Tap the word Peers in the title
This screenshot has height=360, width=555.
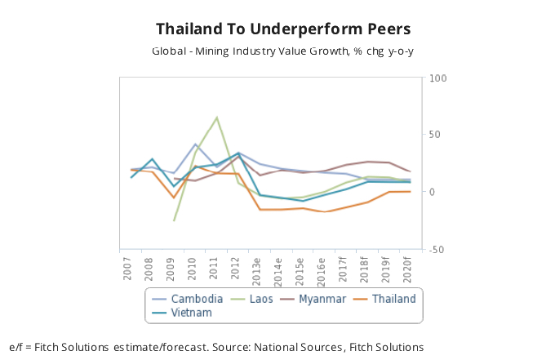[x=377, y=29]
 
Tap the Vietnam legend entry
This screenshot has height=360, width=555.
[x=191, y=312]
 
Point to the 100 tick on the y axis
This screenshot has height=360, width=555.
[x=438, y=78]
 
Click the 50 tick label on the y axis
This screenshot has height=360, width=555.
[x=435, y=135]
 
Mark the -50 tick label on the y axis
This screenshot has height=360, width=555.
[x=437, y=249]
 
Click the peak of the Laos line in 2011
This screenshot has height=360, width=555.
[x=216, y=118]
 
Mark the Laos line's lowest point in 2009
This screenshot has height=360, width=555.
[x=174, y=220]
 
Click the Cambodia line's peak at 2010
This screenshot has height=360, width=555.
[x=195, y=144]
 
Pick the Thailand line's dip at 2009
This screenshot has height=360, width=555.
[x=174, y=198]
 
